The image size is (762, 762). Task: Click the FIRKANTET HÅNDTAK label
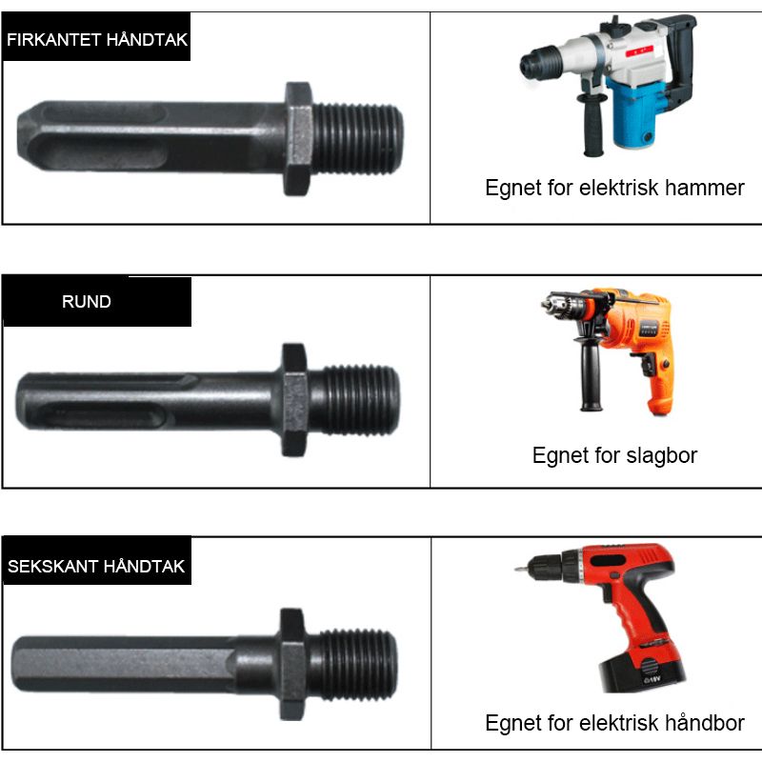tap(97, 39)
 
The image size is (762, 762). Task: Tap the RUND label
tap(87, 301)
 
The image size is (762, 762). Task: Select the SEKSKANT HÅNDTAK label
tap(96, 566)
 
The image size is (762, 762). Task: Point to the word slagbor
tap(661, 456)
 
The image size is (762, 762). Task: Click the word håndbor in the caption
tap(704, 723)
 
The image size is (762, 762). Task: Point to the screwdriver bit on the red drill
tap(521, 568)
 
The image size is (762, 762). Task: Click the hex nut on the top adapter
tap(298, 139)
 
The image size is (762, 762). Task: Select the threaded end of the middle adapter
tap(354, 400)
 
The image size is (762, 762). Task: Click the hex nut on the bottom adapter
tap(293, 664)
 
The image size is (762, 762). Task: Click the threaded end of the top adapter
tap(358, 139)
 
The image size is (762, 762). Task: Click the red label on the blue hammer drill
tap(639, 51)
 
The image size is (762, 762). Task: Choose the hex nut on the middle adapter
tap(294, 400)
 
